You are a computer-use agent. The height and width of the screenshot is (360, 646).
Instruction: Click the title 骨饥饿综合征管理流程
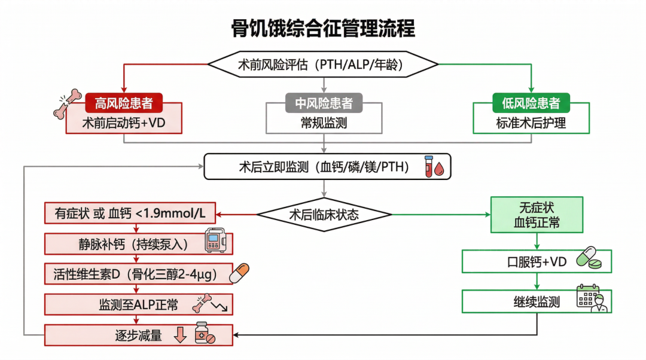(323, 28)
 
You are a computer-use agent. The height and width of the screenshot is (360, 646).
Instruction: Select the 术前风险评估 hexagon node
(323, 63)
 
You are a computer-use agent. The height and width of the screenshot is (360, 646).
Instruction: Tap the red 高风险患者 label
(124, 103)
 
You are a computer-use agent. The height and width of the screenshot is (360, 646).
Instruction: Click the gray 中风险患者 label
(324, 103)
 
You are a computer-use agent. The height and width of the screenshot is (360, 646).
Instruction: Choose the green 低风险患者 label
(531, 103)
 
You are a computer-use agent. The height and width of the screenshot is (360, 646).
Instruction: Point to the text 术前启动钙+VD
(123, 123)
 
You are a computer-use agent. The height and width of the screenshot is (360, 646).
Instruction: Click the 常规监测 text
(324, 123)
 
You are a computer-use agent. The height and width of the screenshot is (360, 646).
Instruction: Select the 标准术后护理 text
(531, 123)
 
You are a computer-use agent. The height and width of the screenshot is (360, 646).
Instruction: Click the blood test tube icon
(435, 166)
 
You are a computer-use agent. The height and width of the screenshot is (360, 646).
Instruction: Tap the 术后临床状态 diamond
(324, 214)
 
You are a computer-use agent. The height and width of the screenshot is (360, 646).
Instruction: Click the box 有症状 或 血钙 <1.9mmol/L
(130, 213)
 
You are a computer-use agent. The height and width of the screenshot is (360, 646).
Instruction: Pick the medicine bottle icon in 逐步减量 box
(205, 333)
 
